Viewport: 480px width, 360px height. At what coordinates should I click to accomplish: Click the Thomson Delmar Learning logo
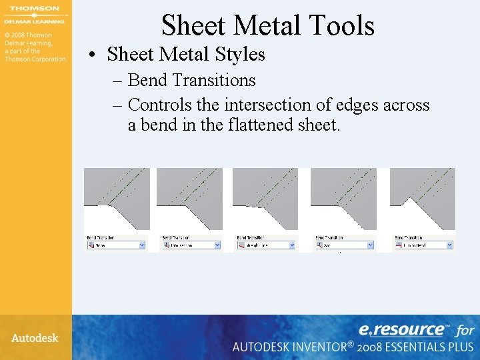pyautogui.click(x=35, y=15)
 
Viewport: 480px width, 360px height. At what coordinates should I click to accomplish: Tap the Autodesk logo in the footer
pyautogui.click(x=35, y=338)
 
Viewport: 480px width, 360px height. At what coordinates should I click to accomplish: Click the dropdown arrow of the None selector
pyautogui.click(x=142, y=245)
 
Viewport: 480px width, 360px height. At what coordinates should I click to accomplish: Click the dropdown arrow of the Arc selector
pyautogui.click(x=371, y=245)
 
